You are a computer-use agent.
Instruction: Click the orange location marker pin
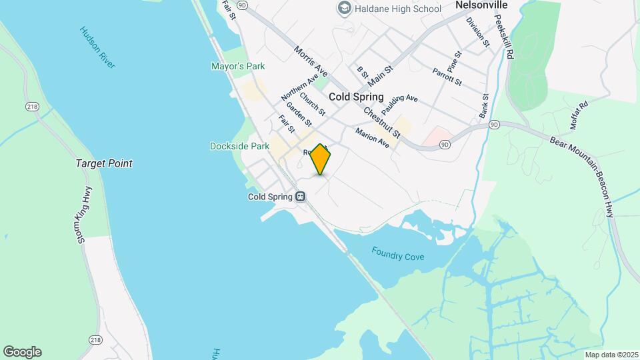coord(321,159)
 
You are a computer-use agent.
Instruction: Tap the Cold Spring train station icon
coord(301,197)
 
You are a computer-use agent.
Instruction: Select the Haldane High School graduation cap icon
coord(345,9)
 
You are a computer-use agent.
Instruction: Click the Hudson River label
coord(97,47)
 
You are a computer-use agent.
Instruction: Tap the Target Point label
coord(103,163)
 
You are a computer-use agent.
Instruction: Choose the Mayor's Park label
coord(238,66)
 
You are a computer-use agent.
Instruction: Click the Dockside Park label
coord(239,146)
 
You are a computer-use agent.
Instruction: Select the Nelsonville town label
coord(481,5)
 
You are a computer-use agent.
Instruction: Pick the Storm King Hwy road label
coord(84,215)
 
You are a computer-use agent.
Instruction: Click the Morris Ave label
coord(311,61)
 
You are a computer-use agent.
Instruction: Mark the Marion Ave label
coord(372,137)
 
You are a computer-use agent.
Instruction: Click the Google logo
coord(22,352)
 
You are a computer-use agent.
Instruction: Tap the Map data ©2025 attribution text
coord(610,354)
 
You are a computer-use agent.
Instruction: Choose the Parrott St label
coord(447,76)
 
